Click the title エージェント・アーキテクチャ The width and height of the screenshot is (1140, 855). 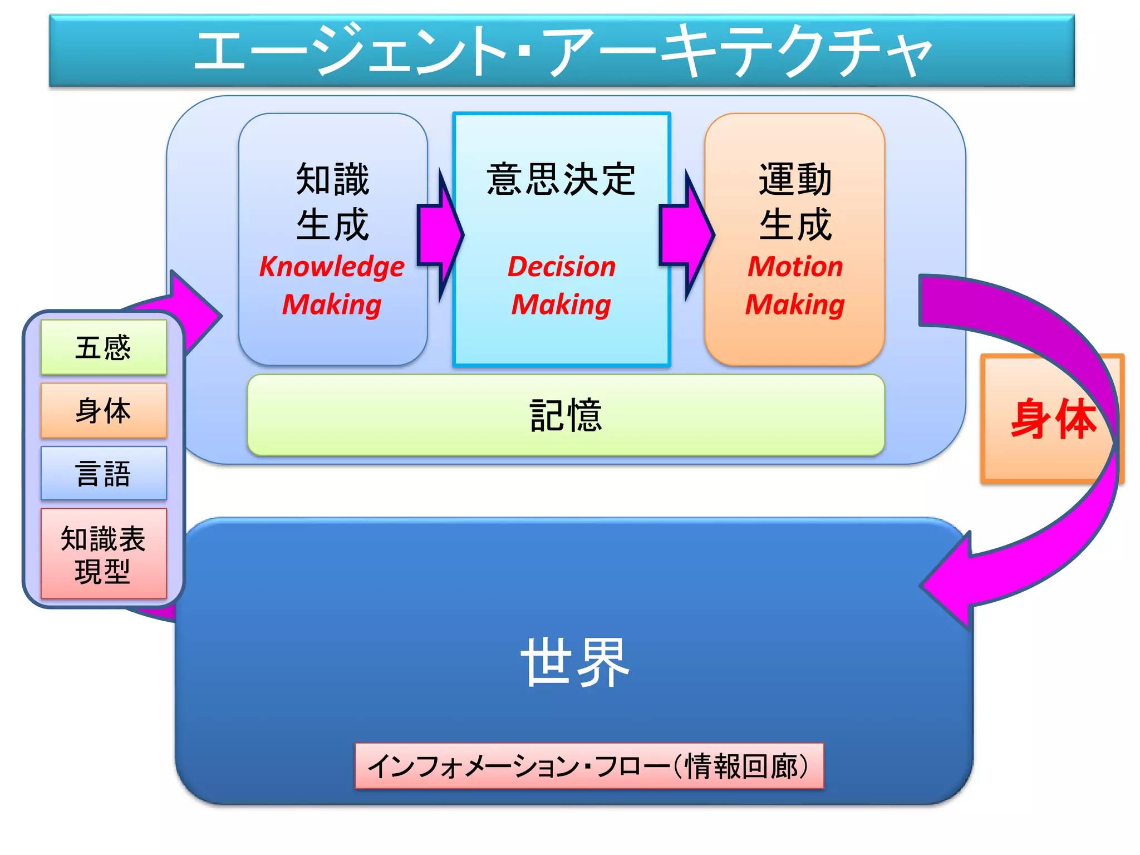(562, 51)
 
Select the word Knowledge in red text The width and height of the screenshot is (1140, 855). (332, 267)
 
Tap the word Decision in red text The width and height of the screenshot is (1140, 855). (562, 267)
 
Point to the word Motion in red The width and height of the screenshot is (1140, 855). (795, 267)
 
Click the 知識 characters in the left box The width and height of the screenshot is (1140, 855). (332, 179)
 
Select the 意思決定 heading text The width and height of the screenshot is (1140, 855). (561, 179)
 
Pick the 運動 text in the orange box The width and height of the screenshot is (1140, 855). (795, 179)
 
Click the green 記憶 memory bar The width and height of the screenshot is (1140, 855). (566, 415)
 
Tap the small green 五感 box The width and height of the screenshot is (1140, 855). (104, 347)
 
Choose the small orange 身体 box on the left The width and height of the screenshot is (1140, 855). (104, 411)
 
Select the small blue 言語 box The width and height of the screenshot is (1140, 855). (104, 474)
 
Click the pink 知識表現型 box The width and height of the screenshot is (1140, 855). (104, 554)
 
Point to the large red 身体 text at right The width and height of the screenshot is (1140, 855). (1052, 419)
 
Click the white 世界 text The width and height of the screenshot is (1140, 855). (574, 662)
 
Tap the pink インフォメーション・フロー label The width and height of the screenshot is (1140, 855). (589, 766)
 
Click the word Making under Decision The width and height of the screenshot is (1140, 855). (561, 304)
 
